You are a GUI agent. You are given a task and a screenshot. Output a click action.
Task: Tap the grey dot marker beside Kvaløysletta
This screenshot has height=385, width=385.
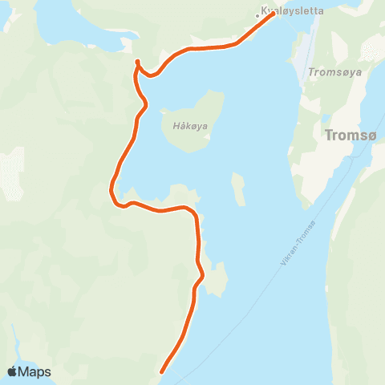point(257,14)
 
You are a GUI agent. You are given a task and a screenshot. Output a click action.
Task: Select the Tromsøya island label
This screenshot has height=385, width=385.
point(335,71)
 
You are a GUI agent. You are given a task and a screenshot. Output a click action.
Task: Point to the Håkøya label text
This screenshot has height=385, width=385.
point(188,126)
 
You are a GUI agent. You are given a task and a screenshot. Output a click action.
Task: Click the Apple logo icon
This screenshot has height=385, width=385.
point(13,371)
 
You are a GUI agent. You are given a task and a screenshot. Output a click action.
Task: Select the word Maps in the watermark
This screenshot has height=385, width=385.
point(35,371)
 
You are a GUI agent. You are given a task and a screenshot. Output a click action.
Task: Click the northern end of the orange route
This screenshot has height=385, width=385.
point(274,14)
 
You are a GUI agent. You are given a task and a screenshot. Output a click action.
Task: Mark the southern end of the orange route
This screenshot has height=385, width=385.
point(163,371)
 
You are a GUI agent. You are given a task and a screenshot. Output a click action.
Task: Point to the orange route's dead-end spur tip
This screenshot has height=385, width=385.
point(138,62)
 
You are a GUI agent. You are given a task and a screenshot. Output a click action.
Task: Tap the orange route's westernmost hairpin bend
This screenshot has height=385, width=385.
point(111,191)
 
